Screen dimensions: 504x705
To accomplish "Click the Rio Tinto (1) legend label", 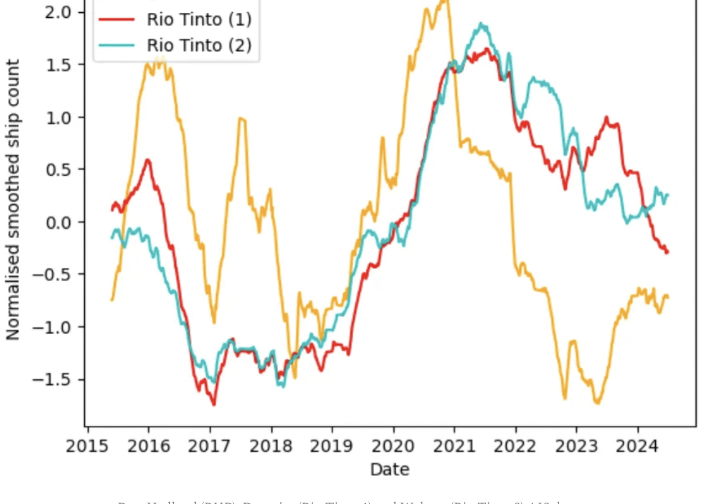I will (x=199, y=20).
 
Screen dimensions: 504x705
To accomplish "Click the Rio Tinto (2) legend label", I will (x=199, y=45).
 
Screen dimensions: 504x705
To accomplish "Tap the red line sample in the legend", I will (x=117, y=20).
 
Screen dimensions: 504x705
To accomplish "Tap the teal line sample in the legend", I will (x=117, y=45).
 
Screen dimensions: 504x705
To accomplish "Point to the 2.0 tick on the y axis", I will (x=58, y=12).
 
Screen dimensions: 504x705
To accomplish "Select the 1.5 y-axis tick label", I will (x=58, y=65).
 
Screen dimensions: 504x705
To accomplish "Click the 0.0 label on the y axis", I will (x=58, y=222).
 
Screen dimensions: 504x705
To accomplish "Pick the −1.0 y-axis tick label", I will (x=51, y=327).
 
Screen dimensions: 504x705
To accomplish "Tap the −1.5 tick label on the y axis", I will (x=51, y=380).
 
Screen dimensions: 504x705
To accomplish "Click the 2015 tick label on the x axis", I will (x=87, y=446).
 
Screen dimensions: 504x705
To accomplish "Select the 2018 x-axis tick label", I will (x=271, y=446).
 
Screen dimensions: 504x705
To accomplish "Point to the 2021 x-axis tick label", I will (x=454, y=446).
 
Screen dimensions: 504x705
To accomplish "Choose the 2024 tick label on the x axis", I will (x=637, y=446).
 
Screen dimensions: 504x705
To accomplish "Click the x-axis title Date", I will (x=389, y=469).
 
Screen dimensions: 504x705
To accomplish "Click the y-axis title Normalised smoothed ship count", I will (x=13, y=199).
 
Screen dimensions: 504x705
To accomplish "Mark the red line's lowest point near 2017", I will (x=214, y=405).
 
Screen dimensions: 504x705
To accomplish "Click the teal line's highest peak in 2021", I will (x=481, y=24).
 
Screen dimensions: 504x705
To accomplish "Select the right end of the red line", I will (x=668, y=252).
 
